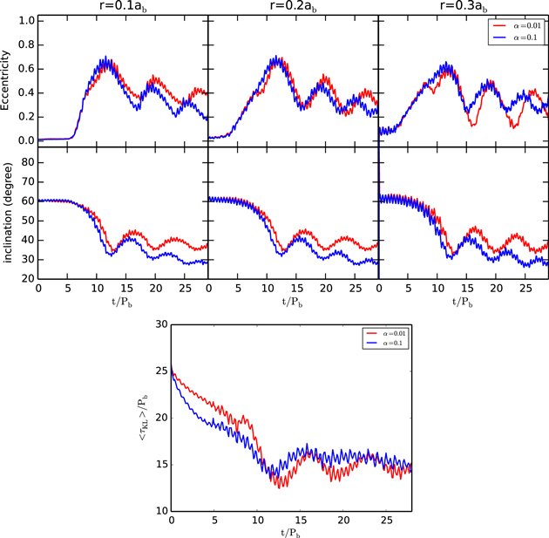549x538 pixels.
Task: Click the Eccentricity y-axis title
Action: [x=8, y=80]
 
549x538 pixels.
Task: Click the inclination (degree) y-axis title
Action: [x=8, y=214]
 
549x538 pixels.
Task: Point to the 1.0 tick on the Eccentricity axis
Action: [x=26, y=20]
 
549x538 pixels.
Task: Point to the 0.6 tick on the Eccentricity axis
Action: [x=26, y=68]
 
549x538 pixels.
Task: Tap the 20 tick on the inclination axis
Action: [x=28, y=279]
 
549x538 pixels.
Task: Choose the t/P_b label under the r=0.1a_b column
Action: [x=123, y=302]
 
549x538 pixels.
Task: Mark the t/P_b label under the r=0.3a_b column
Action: [x=463, y=302]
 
